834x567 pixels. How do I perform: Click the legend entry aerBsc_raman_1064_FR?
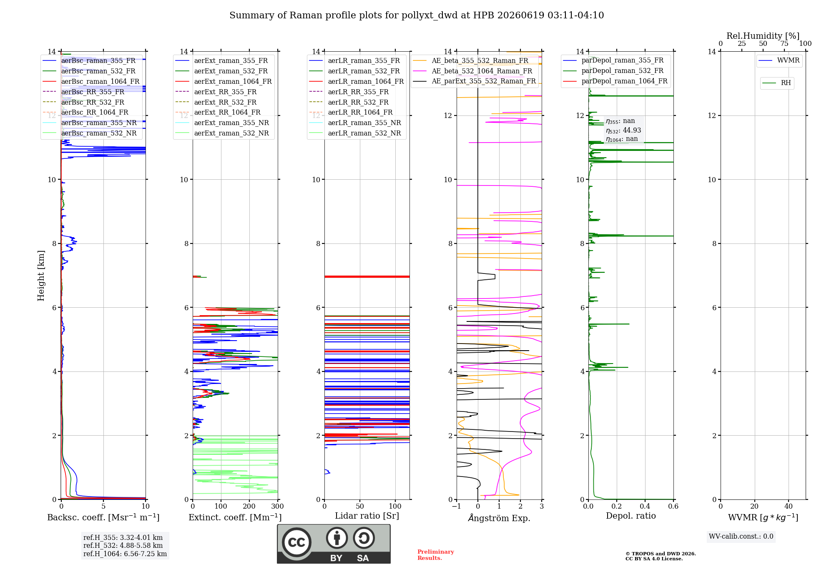pos(100,81)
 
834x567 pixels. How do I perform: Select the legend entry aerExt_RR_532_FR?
pos(225,102)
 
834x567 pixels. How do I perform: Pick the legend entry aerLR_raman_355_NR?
pos(364,123)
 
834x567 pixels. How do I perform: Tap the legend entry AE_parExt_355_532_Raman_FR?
pos(484,81)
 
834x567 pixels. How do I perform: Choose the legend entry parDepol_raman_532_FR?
pos(622,71)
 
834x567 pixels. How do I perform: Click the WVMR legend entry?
pos(788,60)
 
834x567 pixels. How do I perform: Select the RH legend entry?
pos(786,83)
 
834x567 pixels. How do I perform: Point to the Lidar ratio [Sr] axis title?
pos(367,516)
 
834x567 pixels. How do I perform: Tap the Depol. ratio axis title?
pos(631,516)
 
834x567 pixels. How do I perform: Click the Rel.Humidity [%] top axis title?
pos(763,36)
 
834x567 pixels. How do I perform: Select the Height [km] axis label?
pos(41,276)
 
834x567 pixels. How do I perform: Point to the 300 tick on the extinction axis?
pos(278,507)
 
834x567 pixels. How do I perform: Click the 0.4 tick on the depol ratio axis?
pos(645,507)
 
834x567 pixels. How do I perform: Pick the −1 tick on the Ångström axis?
pos(457,507)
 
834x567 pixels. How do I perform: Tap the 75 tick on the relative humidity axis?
pos(784,44)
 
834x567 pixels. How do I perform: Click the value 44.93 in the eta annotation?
pos(632,130)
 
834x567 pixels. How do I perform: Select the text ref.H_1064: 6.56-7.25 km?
pos(125,554)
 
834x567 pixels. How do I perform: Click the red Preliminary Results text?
pos(436,555)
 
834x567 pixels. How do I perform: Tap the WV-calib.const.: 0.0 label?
pos(741,537)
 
